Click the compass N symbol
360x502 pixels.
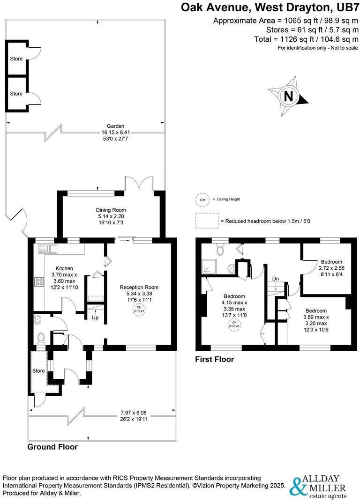(289, 96)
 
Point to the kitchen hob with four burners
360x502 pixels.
(39, 282)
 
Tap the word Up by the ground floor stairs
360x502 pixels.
(95, 318)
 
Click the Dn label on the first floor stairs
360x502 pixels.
(276, 279)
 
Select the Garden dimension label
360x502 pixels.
(115, 133)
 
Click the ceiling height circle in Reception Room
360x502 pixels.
(139, 310)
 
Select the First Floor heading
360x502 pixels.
(214, 360)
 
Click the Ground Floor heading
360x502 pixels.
(52, 447)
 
